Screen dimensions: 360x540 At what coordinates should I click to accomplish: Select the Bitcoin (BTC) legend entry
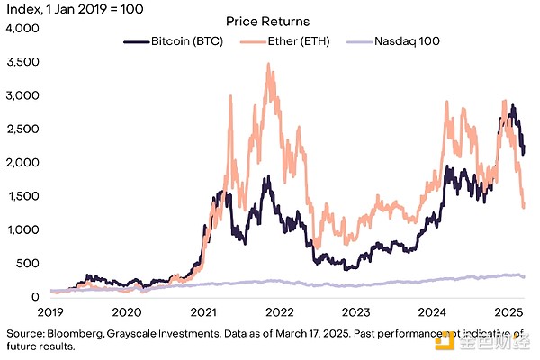click(179, 41)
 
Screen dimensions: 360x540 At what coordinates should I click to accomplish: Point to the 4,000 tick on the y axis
click(23, 28)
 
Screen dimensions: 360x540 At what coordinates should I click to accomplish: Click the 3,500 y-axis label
click(23, 62)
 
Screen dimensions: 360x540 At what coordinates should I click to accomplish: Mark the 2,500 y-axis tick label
click(23, 129)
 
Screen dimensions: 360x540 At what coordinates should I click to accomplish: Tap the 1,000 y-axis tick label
click(23, 229)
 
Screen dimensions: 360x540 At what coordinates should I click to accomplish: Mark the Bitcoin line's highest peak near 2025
click(512, 105)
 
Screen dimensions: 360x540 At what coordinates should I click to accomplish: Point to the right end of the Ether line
click(524, 208)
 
